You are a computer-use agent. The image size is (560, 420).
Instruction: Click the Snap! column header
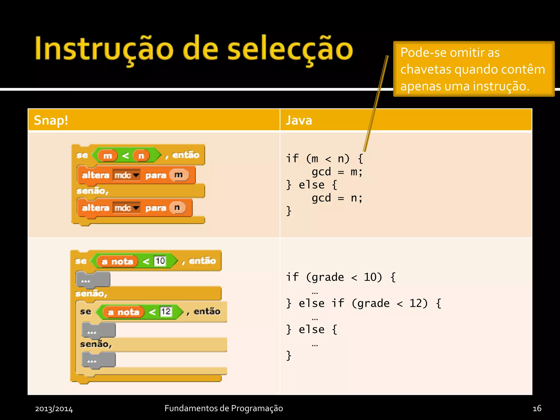(x=51, y=120)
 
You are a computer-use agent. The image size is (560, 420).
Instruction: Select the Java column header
(x=299, y=120)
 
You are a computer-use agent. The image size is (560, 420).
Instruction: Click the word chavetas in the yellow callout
(x=425, y=69)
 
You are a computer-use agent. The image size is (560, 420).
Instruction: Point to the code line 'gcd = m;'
(x=337, y=172)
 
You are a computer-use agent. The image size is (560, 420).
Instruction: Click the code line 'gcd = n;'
(x=337, y=198)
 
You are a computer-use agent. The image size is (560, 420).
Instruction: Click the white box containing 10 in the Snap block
(x=160, y=261)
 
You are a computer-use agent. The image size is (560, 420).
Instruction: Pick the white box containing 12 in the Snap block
(x=166, y=312)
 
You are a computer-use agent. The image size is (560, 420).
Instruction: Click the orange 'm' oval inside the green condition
(x=107, y=156)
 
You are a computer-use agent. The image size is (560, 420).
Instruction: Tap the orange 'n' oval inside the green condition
(x=141, y=156)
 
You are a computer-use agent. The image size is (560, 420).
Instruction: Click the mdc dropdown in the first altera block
(x=127, y=175)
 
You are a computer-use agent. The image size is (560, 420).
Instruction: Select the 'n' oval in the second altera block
(x=177, y=208)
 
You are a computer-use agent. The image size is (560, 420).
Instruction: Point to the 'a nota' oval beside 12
(x=123, y=312)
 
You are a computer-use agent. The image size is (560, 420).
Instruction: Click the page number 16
(x=537, y=409)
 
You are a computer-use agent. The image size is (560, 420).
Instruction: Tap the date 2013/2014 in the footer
(x=54, y=409)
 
